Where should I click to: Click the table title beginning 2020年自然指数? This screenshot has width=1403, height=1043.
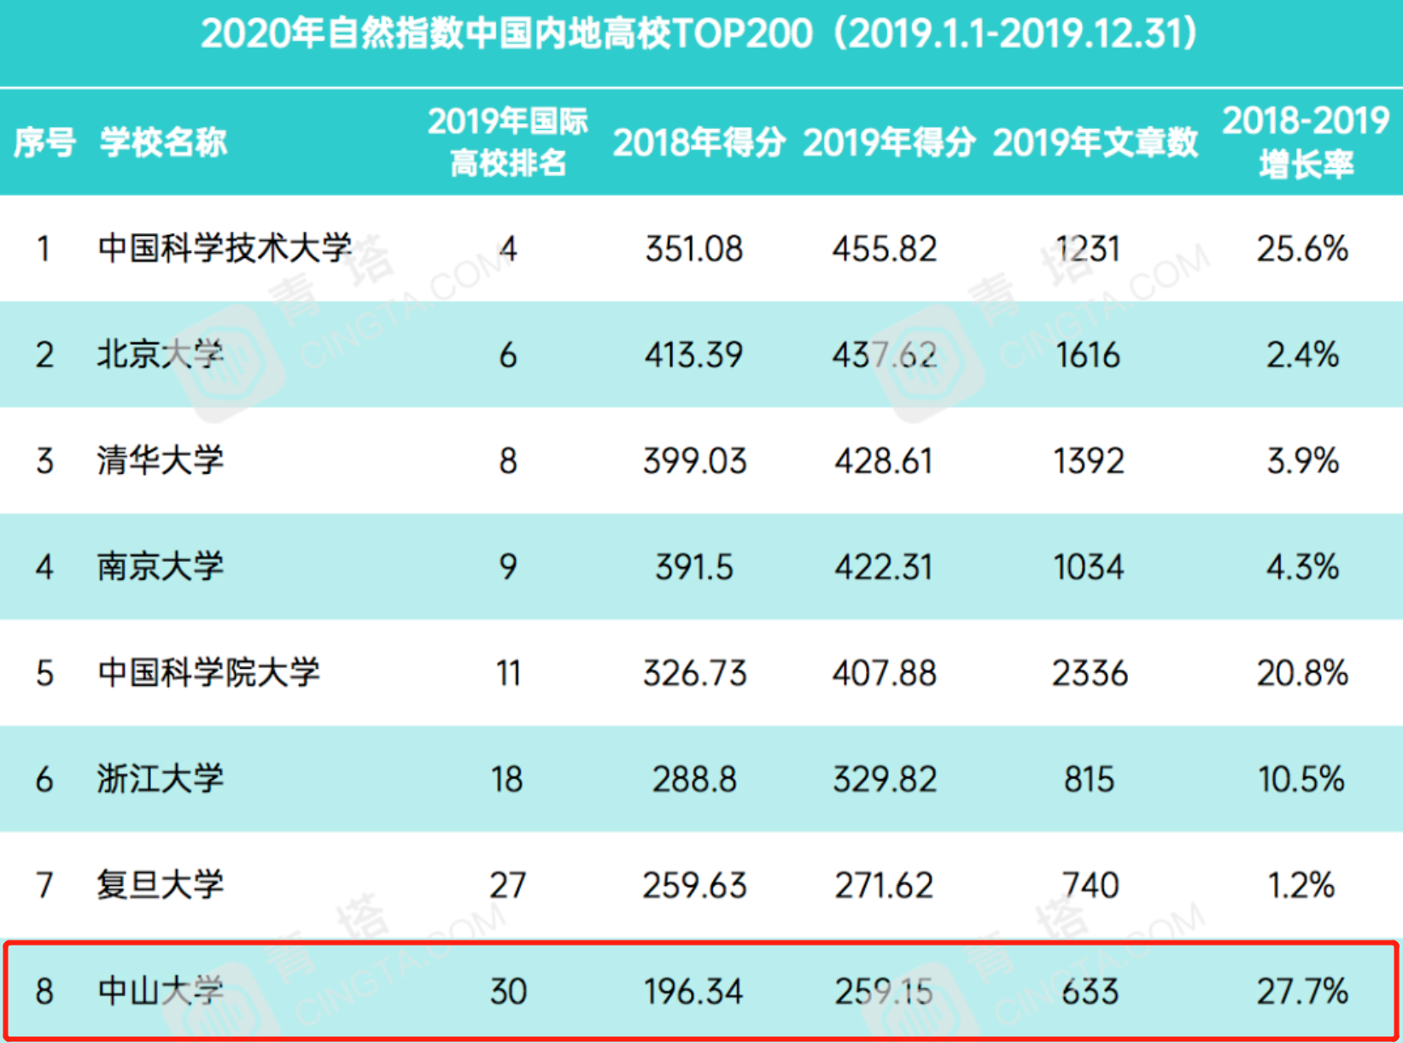click(700, 34)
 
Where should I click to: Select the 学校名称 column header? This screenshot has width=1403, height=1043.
click(163, 142)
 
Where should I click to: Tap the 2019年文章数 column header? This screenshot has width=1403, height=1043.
click(1095, 142)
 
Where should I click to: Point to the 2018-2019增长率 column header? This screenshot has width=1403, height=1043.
click(1306, 142)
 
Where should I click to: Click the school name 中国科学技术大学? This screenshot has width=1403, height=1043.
click(225, 249)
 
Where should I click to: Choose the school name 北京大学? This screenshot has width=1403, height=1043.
click(160, 355)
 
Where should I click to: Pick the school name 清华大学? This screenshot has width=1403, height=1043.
click(160, 460)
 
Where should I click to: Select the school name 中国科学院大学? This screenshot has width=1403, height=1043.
click(208, 673)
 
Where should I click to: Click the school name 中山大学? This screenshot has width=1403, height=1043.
click(160, 991)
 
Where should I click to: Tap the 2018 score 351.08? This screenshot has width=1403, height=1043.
click(693, 249)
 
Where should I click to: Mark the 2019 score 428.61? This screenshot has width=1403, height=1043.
click(884, 460)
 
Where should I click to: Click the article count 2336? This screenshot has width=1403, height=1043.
click(1089, 673)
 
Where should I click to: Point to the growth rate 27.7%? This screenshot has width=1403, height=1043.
click(1302, 991)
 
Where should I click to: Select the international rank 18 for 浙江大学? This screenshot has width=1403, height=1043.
click(507, 779)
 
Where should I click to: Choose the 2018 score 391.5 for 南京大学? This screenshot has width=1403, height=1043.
click(693, 567)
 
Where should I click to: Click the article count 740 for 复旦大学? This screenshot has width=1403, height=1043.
click(1089, 885)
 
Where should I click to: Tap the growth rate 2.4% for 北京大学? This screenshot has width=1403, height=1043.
click(1302, 355)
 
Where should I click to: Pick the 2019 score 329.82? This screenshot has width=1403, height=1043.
click(884, 779)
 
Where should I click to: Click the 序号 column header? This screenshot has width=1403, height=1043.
click(44, 142)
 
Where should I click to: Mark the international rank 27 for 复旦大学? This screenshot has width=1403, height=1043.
click(507, 885)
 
